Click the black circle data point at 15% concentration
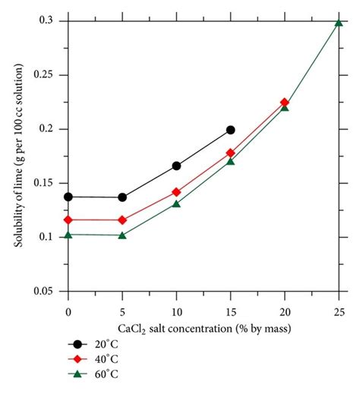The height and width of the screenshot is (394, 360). coord(230,130)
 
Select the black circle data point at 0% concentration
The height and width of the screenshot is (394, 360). coord(68,197)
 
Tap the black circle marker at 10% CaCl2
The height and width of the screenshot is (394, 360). coord(176,165)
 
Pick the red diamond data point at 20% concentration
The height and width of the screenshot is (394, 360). coord(285,102)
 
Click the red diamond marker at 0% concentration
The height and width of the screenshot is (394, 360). coord(68,219)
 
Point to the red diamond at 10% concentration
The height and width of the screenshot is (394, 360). coord(176,192)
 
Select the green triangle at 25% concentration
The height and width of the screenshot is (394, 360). coord(339,22)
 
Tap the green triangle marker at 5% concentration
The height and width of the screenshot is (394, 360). coord(122,235)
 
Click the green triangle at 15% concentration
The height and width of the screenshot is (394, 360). coord(230,161)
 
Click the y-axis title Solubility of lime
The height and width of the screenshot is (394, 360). coord(19,156)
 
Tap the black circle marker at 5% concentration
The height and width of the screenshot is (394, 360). coord(122,197)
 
